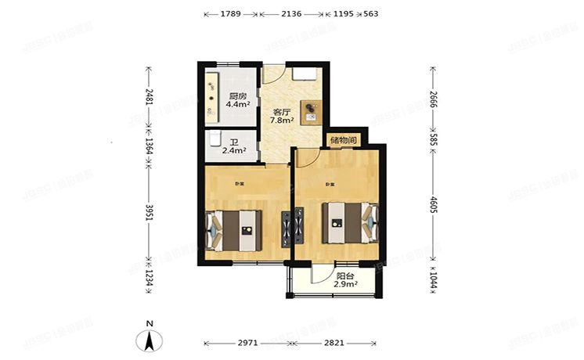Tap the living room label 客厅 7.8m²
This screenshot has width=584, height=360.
282,117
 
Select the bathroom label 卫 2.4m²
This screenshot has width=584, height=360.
234,147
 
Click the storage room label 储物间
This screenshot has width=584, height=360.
344,141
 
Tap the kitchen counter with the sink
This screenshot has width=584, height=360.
213,96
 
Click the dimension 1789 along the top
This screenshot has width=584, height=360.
230,14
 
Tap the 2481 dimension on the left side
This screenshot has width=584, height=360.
147,101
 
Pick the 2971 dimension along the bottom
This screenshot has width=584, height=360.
248,342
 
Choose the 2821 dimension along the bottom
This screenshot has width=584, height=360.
334,342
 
